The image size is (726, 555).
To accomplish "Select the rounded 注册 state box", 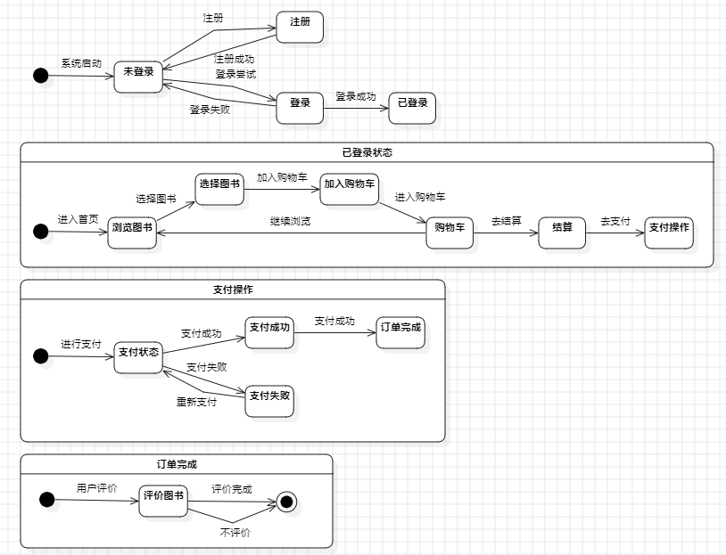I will (300, 28).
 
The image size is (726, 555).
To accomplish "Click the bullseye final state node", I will (286, 502).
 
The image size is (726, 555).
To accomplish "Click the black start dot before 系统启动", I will (40, 76).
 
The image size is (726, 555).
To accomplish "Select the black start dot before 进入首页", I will (40, 232).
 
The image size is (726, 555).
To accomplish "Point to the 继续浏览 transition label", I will (291, 222).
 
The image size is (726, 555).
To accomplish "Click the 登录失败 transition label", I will (210, 110).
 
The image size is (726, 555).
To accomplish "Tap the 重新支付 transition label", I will (196, 402).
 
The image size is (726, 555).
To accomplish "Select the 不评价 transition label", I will (235, 533).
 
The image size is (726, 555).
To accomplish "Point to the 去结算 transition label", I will (506, 221).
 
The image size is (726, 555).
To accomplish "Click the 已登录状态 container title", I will (367, 152).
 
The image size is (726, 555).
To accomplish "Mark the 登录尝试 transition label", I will (235, 74).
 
